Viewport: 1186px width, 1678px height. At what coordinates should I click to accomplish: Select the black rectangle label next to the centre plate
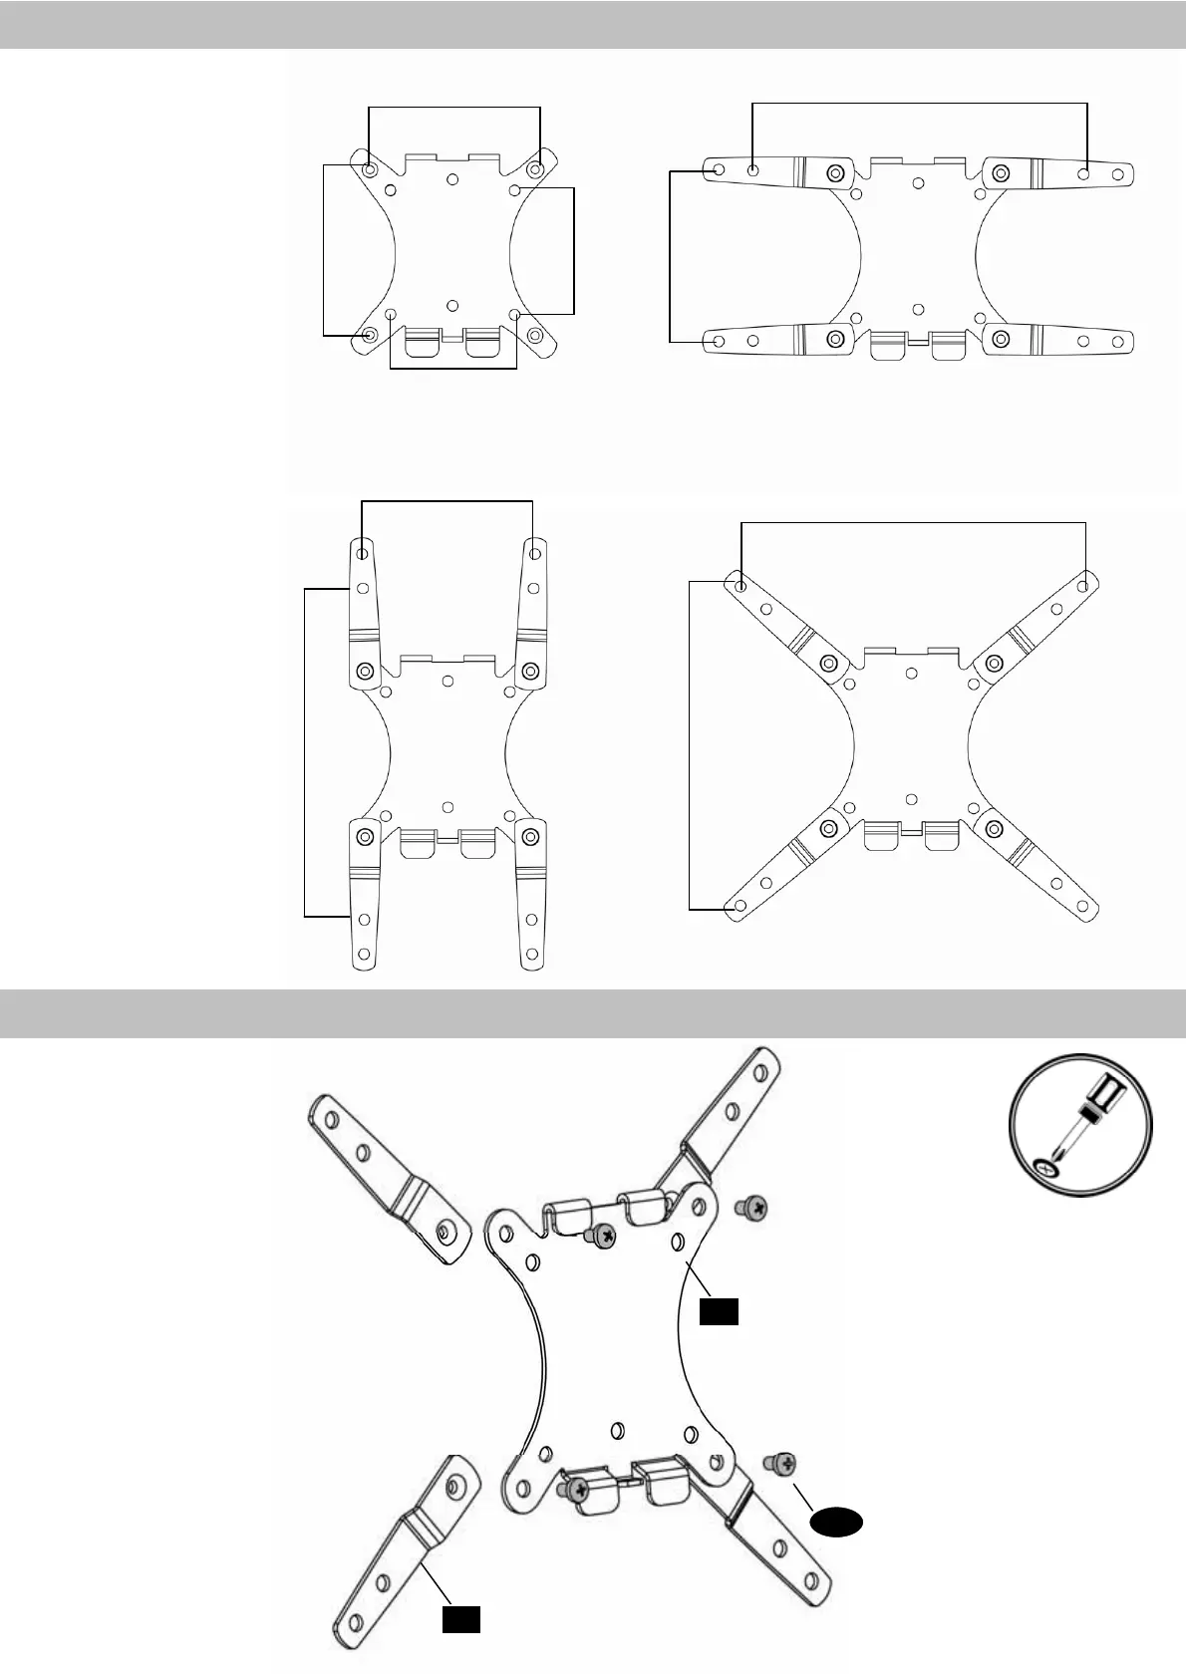coord(718,1312)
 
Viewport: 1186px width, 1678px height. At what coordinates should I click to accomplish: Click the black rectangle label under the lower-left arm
coord(461,1619)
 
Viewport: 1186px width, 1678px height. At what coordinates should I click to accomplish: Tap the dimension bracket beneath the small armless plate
coord(453,370)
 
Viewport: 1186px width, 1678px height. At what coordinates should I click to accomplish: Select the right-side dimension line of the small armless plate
coord(575,249)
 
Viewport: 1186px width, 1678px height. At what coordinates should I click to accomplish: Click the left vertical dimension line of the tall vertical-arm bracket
coord(303,752)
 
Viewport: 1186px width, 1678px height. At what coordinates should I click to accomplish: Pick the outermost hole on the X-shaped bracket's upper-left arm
coord(741,585)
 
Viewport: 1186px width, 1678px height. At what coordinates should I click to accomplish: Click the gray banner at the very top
coord(593,24)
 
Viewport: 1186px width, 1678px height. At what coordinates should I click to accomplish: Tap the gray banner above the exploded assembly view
coord(593,1014)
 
